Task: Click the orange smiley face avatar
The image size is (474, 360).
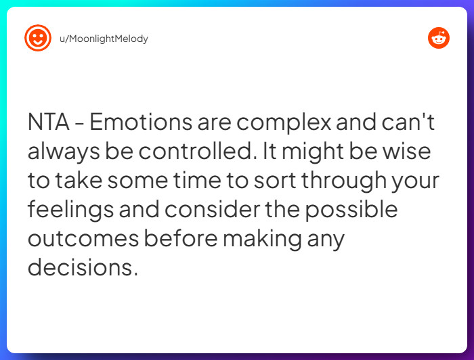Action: point(38,38)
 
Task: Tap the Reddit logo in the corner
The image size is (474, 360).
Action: point(439,38)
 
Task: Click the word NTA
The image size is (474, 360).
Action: point(49,122)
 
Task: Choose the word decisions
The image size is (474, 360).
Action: point(82,267)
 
